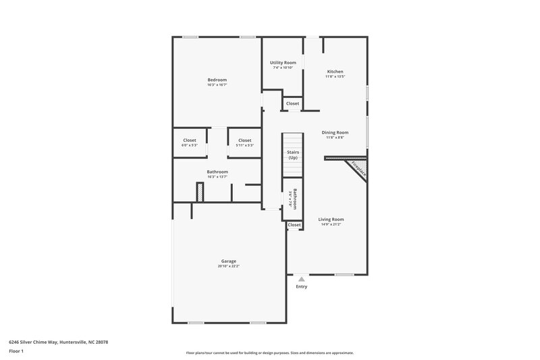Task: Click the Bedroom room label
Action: [x=217, y=80]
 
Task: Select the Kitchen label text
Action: [x=335, y=72]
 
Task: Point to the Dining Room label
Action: [x=335, y=132]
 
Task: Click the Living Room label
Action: [x=331, y=219]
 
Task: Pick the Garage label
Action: [x=229, y=261]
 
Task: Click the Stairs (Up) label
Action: [x=293, y=155]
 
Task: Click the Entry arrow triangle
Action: [x=302, y=278]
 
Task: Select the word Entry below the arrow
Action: [x=302, y=286]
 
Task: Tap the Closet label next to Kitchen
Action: [x=292, y=103]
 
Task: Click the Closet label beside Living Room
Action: [x=294, y=225]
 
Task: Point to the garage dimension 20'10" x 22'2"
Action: [x=229, y=266]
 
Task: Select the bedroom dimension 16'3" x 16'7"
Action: [x=217, y=85]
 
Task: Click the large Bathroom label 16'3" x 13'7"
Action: [x=217, y=172]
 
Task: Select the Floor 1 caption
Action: [x=17, y=352]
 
